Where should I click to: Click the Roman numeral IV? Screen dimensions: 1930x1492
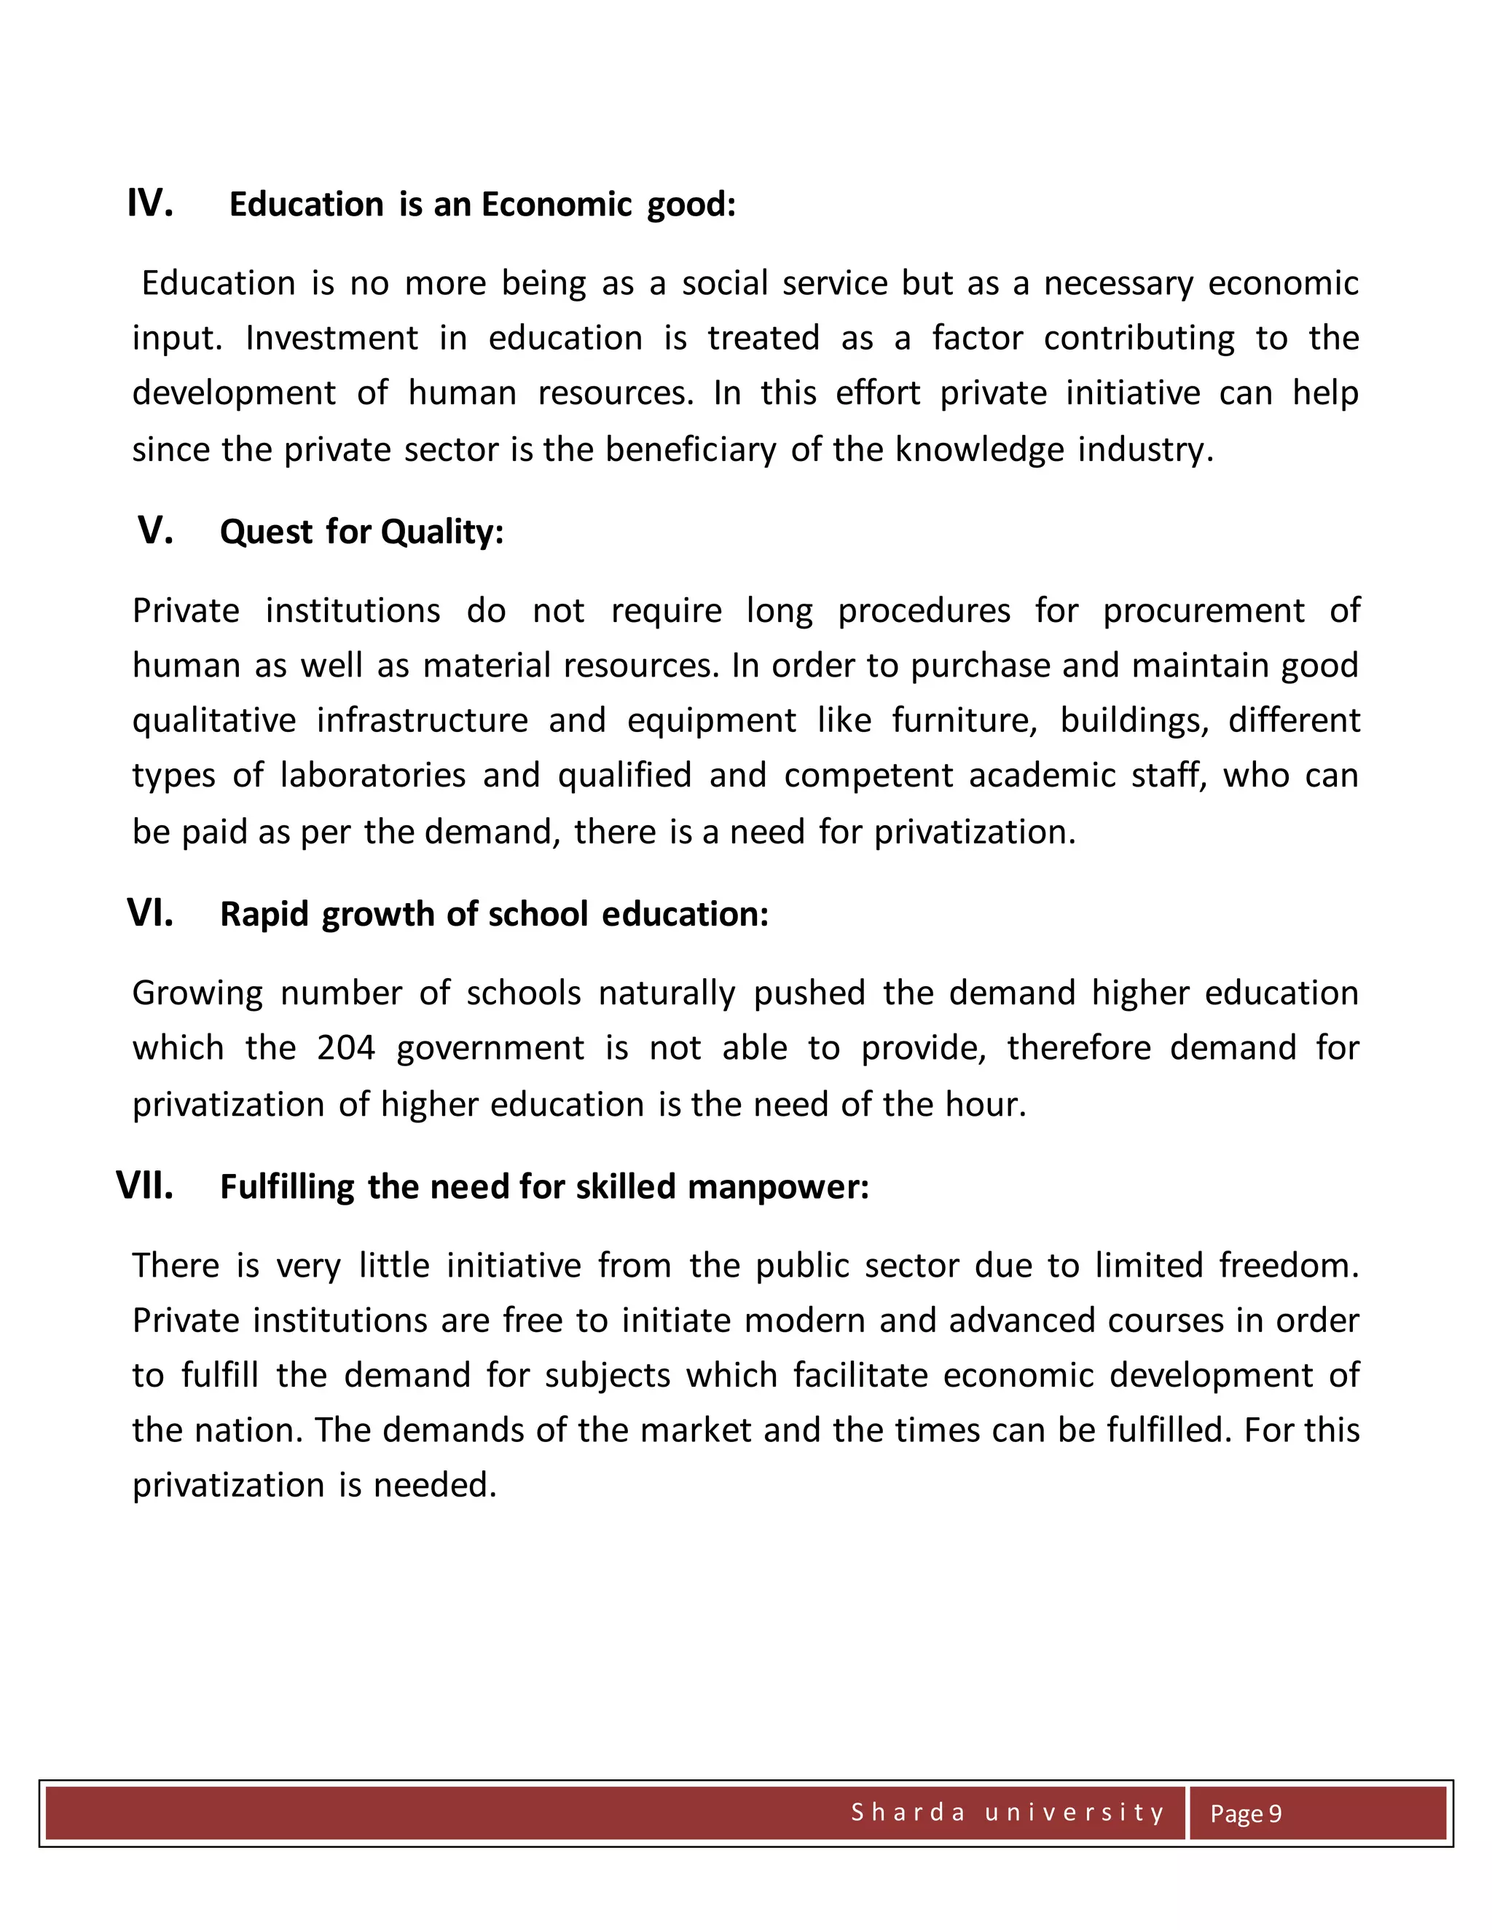click(149, 203)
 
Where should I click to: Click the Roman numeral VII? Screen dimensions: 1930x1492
click(144, 1186)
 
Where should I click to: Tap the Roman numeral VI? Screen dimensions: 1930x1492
click(149, 913)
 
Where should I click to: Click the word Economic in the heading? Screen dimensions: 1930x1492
click(556, 205)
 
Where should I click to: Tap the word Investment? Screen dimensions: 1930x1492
click(331, 339)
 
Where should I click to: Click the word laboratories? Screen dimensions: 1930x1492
click(372, 776)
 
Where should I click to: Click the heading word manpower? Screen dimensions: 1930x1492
click(778, 1187)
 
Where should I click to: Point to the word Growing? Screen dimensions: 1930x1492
click(197, 994)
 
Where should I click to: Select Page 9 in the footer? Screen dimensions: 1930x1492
click(1245, 1813)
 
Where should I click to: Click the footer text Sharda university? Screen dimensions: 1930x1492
click(1008, 1813)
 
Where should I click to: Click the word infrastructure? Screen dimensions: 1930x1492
click(422, 720)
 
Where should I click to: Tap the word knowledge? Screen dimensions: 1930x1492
click(978, 450)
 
